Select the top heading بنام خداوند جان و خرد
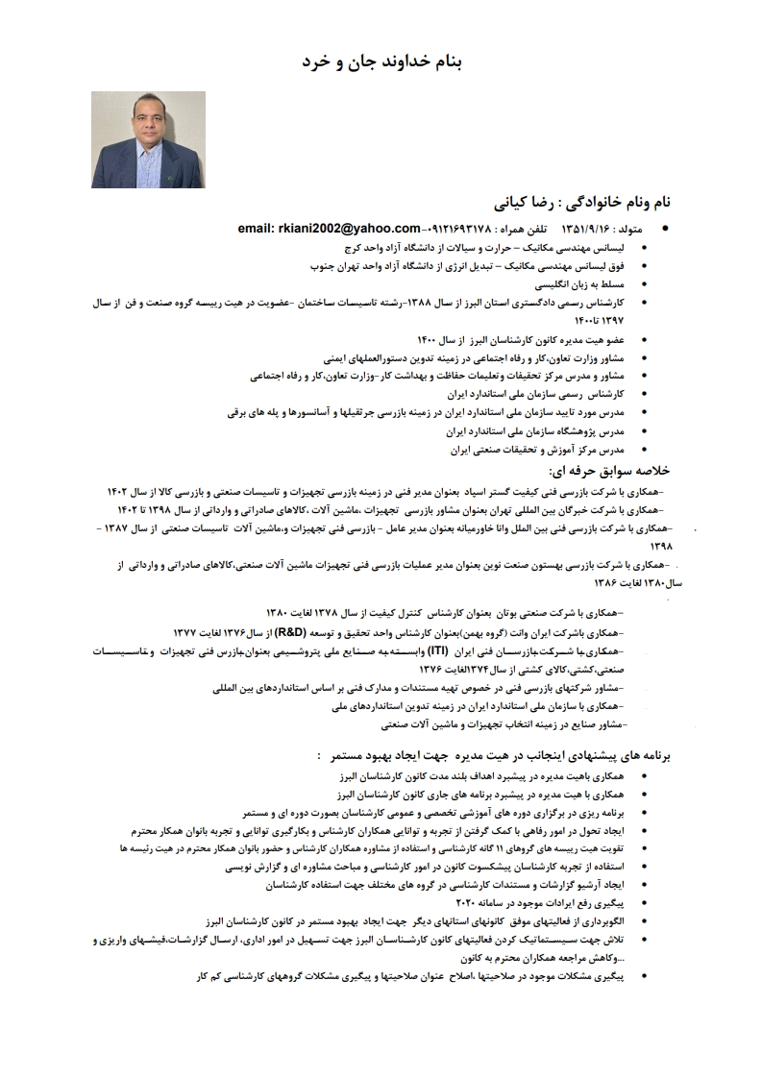coord(382,61)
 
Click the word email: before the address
coord(258,229)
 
